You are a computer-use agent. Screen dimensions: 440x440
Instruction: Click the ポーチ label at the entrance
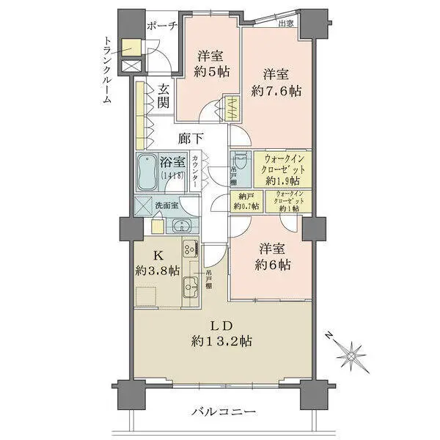(162, 27)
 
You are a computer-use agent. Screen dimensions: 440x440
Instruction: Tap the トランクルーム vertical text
(107, 71)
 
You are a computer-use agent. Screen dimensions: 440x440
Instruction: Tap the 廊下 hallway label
(191, 137)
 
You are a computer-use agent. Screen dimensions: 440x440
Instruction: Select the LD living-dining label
(222, 326)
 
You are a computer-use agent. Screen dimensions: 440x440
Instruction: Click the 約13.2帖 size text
(222, 341)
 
